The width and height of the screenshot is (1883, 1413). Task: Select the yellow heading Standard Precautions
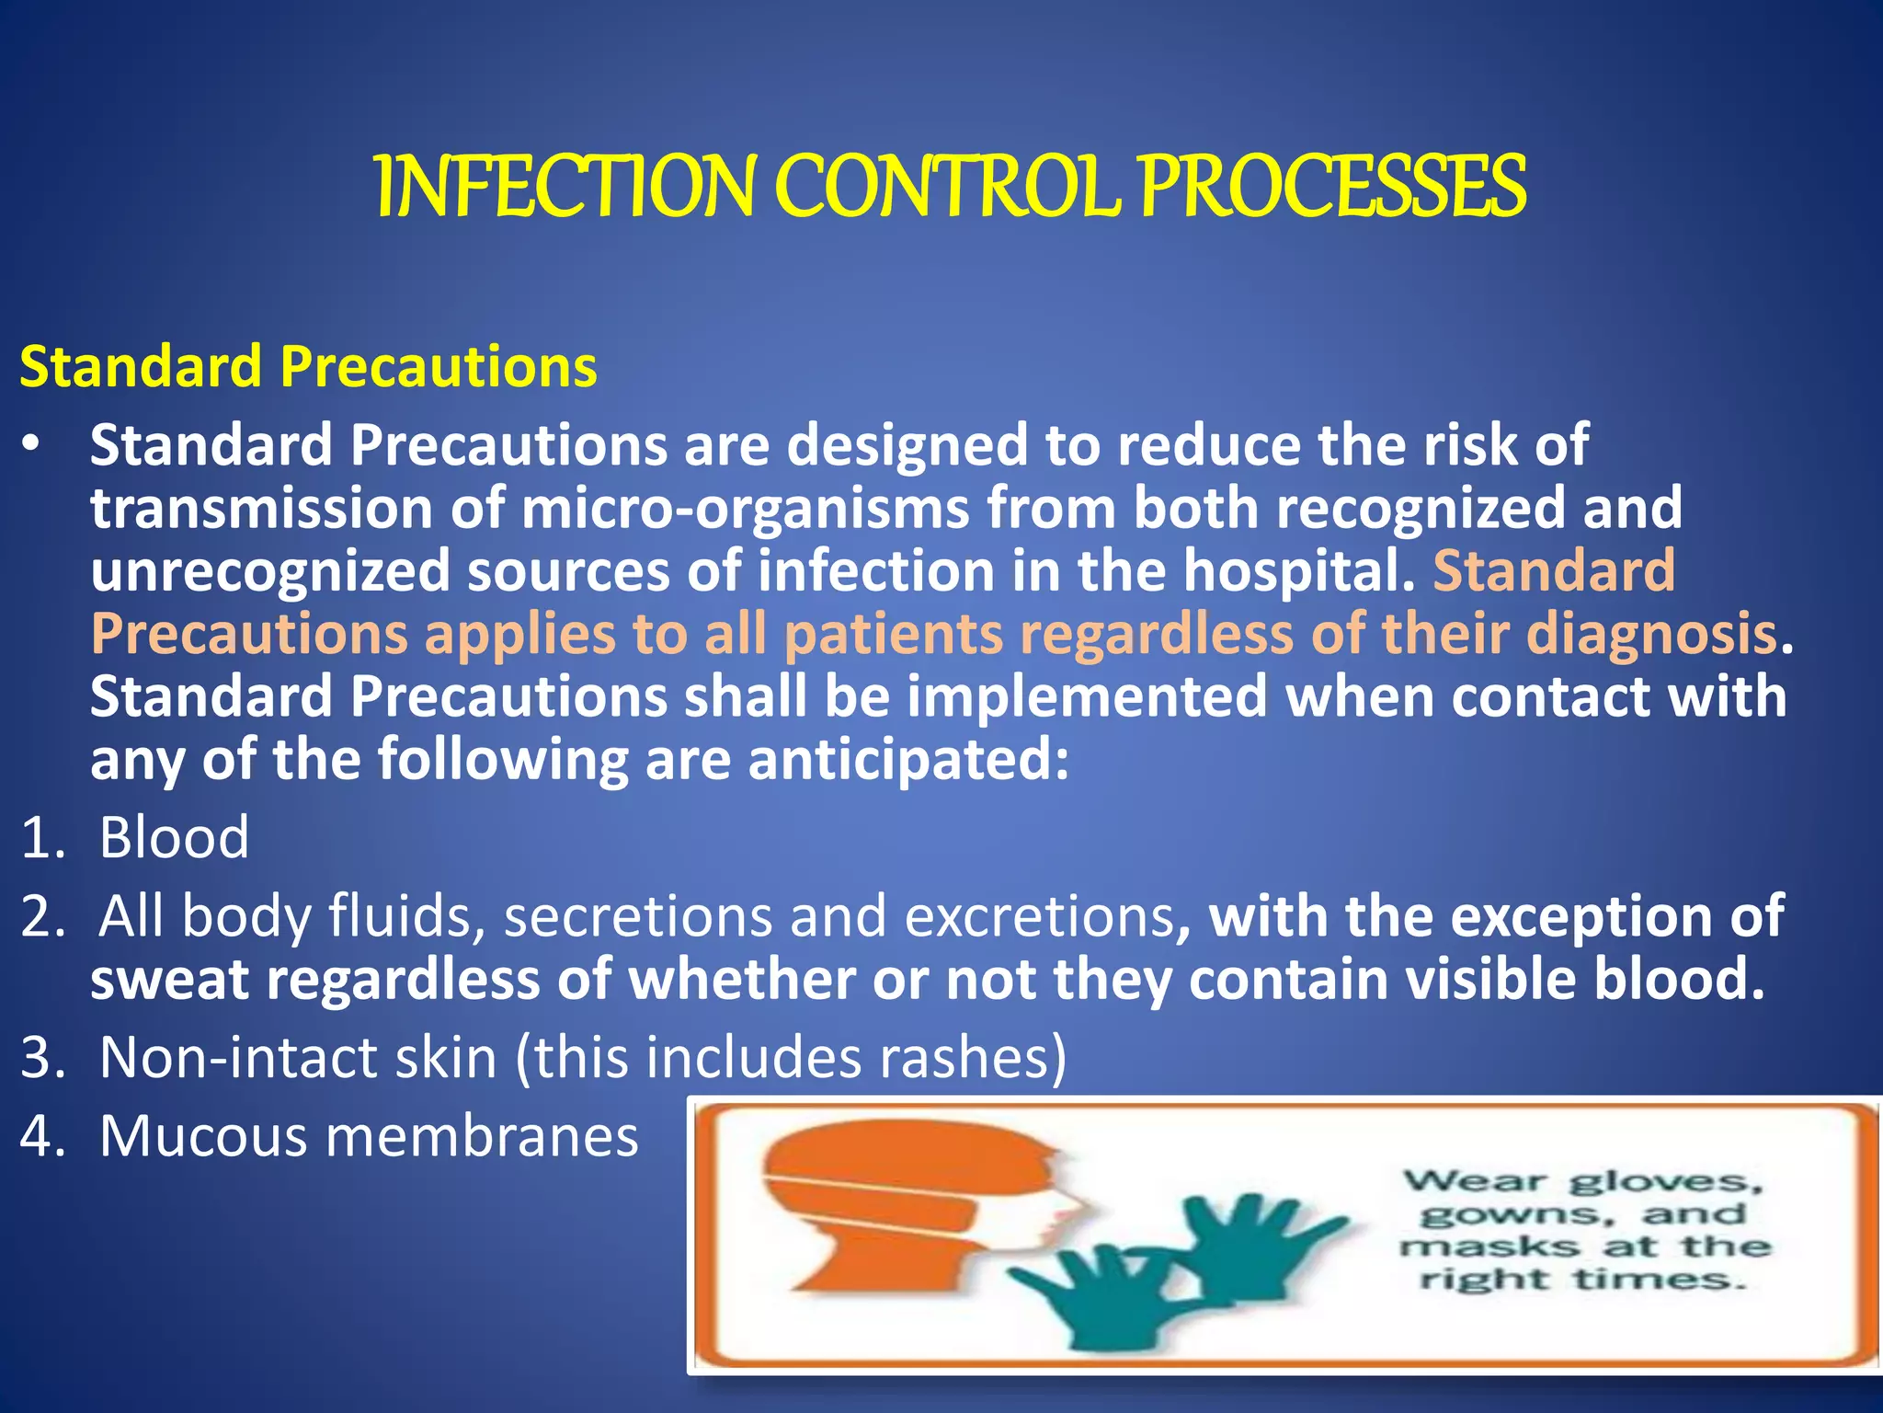308,366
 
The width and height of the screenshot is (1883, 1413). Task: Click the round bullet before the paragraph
32,445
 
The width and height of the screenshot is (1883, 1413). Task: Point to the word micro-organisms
745,509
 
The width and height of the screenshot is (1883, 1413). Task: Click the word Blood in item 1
174,838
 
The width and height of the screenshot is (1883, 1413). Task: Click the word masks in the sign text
1489,1247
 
